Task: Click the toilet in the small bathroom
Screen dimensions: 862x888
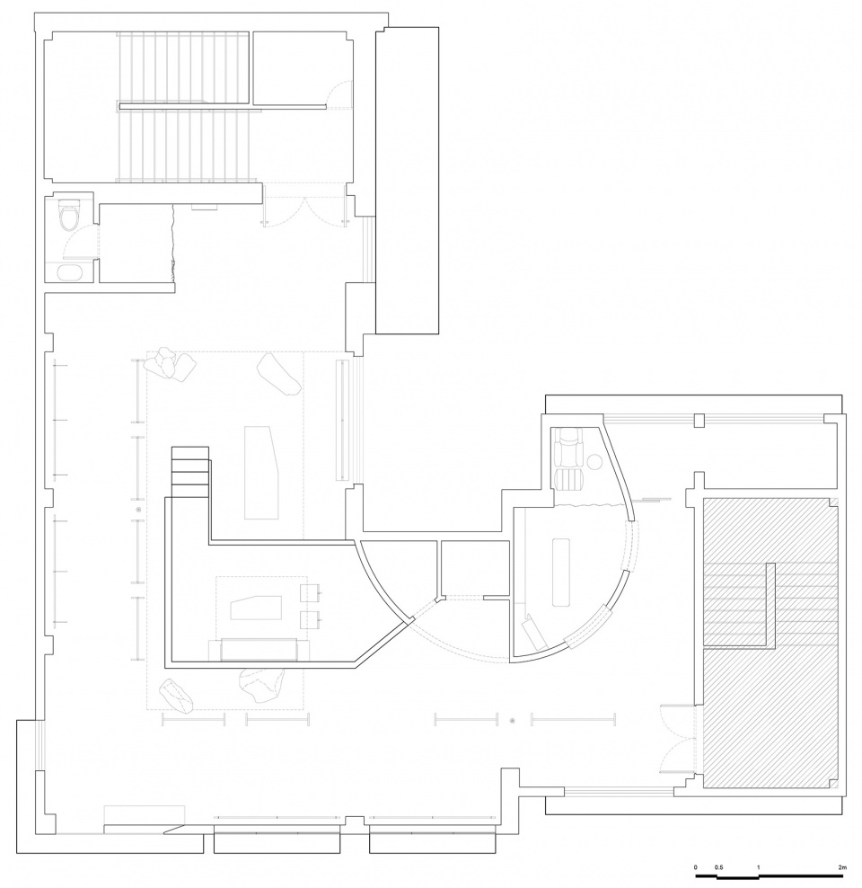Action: pos(69,216)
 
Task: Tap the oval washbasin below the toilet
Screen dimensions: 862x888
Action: pos(70,272)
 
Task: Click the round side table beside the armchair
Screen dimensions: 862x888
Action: pos(595,462)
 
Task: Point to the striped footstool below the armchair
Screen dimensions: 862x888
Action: pos(569,479)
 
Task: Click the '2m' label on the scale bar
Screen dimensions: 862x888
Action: pos(842,867)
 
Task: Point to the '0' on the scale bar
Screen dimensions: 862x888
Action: pos(696,867)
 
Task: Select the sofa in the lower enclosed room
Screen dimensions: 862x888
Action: pos(259,650)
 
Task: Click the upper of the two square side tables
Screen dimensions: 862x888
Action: pos(310,592)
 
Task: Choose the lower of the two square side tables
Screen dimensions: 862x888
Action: pos(310,621)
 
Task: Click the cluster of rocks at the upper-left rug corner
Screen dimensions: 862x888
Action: pos(169,364)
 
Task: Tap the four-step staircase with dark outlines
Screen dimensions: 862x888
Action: pos(190,472)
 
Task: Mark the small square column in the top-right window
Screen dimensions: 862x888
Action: pos(699,420)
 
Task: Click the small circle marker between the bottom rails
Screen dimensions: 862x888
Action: pos(513,721)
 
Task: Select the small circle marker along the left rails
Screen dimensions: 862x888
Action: pos(138,511)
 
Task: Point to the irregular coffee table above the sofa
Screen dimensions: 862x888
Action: pos(256,607)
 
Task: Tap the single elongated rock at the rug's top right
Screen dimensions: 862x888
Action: pos(278,374)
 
